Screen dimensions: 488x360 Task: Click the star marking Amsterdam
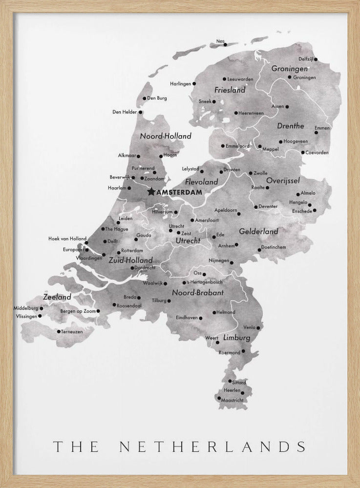[151, 192]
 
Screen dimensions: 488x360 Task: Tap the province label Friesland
[230, 90]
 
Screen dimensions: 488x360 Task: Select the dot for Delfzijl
[316, 60]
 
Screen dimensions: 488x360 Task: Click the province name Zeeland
[57, 297]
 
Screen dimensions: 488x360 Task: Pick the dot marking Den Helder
[141, 112]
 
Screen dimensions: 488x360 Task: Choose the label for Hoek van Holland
[67, 239]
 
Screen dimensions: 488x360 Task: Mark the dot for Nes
[225, 44]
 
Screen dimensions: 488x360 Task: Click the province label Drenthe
[291, 126]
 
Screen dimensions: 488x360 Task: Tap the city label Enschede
[302, 211]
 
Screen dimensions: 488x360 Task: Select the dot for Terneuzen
[59, 331]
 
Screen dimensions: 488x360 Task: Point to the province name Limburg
[237, 338]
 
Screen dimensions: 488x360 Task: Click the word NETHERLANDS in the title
[213, 446]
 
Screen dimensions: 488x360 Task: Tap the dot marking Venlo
[259, 327]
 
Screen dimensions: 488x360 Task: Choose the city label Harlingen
[181, 84]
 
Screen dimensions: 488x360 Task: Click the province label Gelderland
[258, 231]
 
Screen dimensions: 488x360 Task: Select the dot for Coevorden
[303, 153]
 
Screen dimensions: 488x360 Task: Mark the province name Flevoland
[202, 182]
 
